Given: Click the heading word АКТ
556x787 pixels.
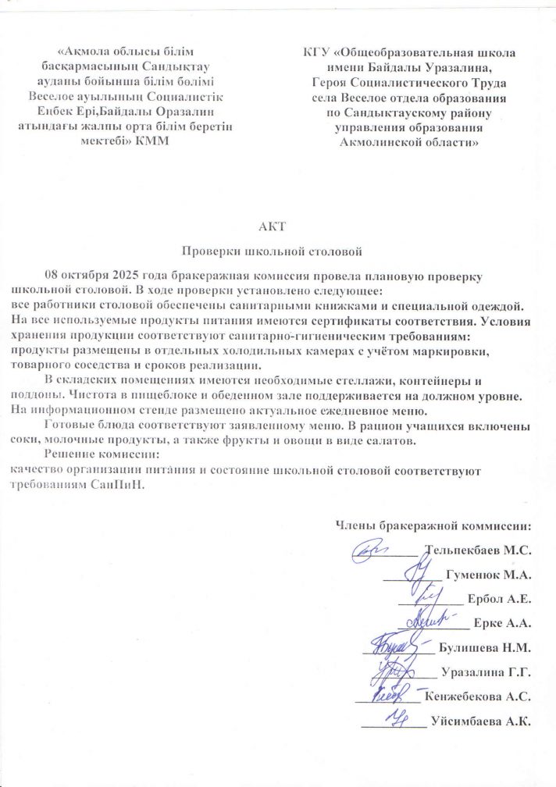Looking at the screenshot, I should tap(278, 227).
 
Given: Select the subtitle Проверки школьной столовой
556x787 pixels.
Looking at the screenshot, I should tap(278, 252).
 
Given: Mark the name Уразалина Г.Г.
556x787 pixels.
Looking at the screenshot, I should tap(486, 671).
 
